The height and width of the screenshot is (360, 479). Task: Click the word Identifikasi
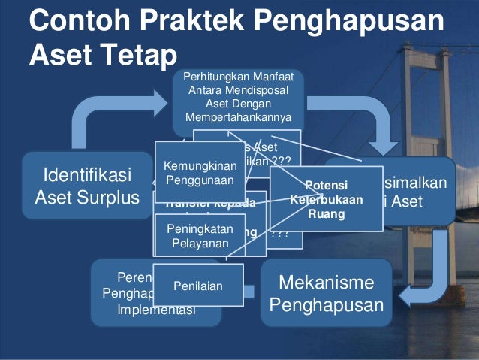click(87, 176)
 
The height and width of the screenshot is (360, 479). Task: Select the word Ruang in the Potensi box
click(327, 213)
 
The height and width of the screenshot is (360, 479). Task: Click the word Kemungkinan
click(199, 165)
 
